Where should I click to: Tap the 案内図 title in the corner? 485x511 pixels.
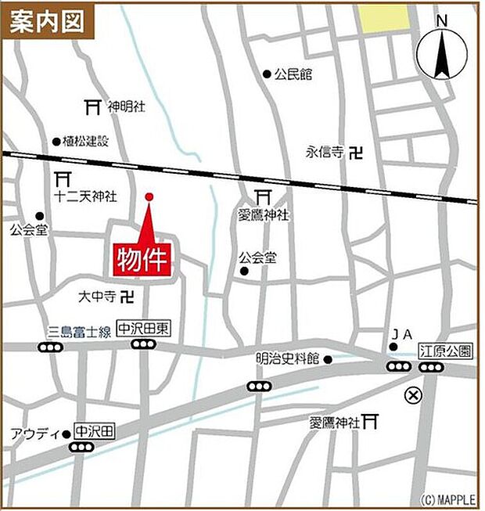pos(48,21)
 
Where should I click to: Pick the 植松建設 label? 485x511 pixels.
pos(86,142)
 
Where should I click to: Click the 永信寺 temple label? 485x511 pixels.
pos(325,153)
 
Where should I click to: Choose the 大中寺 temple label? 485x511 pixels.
pos(97,297)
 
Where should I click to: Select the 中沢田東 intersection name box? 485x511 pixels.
pos(143,330)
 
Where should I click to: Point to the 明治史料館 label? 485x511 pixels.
pos(287,359)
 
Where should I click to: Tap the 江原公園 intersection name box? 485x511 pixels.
pos(445,351)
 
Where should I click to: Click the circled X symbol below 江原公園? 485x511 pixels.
pos(412,395)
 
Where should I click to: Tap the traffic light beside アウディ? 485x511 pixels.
pos(81,448)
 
